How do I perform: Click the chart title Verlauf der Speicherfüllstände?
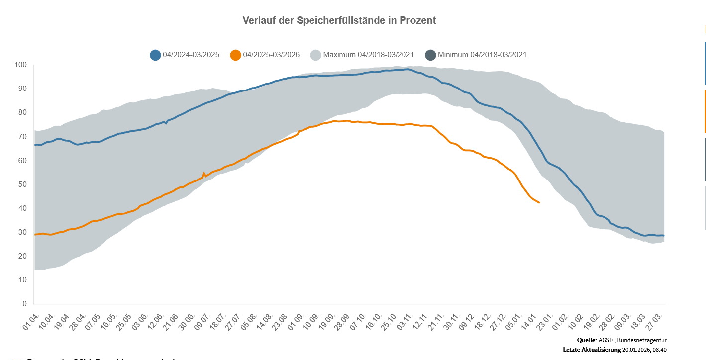pyautogui.click(x=339, y=20)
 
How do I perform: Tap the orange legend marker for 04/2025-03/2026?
pyautogui.click(x=236, y=55)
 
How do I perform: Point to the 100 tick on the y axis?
pyautogui.click(x=20, y=65)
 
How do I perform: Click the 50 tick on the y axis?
pyautogui.click(x=22, y=184)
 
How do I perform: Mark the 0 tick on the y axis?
pyautogui.click(x=24, y=304)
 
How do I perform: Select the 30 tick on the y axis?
pyautogui.click(x=22, y=232)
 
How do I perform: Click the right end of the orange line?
pyautogui.click(x=540, y=202)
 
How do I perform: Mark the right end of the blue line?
pyautogui.click(x=664, y=236)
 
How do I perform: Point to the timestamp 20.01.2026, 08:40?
pyautogui.click(x=644, y=350)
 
